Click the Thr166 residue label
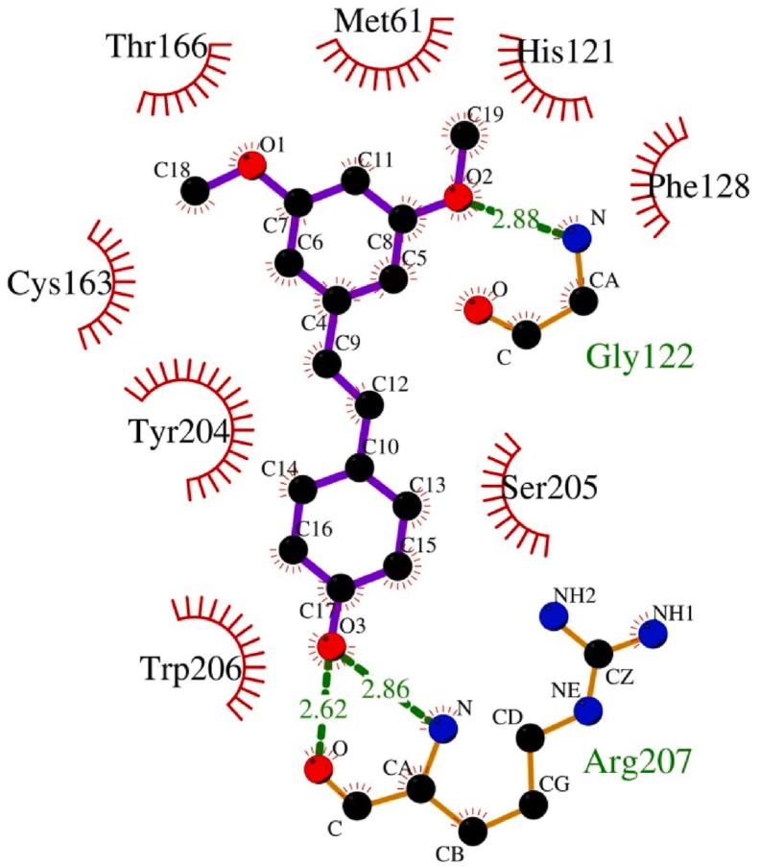click(157, 45)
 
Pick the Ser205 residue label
click(550, 488)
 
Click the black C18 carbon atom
click(196, 190)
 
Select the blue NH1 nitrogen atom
click(652, 634)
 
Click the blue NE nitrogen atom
click(588, 711)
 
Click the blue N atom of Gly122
click(576, 238)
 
